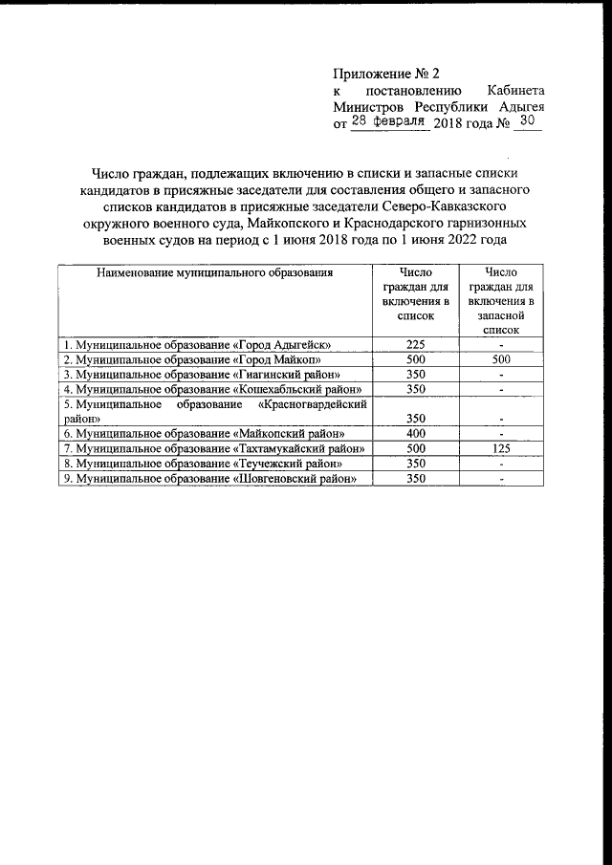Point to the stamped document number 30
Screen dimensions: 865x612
pyautogui.click(x=527, y=122)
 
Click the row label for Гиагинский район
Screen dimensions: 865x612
pyautogui.click(x=201, y=375)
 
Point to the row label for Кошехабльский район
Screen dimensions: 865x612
pyautogui.click(x=211, y=389)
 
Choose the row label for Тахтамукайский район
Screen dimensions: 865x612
pyautogui.click(x=213, y=448)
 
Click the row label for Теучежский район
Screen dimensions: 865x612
pyautogui.click(x=201, y=463)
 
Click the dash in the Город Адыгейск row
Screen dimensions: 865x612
pyautogui.click(x=501, y=345)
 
